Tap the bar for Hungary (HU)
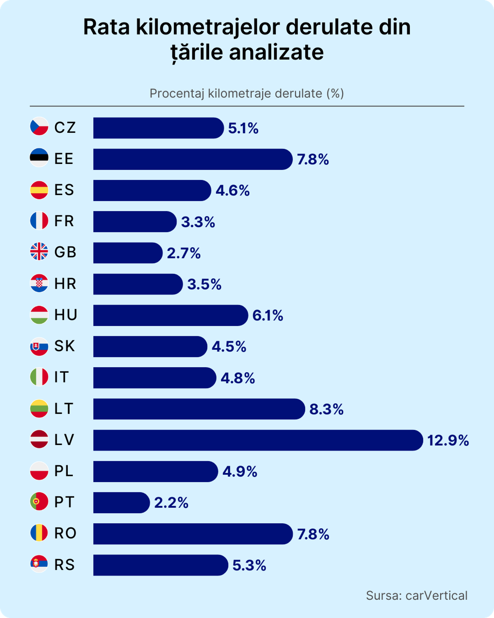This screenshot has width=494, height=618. pos(170,315)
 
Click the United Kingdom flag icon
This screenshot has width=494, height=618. pos(39,251)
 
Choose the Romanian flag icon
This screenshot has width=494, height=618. pos(39,533)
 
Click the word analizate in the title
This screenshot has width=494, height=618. pos(276,52)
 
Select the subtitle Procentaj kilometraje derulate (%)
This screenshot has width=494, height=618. pos(247,93)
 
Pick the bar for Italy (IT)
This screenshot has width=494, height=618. pos(155,378)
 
